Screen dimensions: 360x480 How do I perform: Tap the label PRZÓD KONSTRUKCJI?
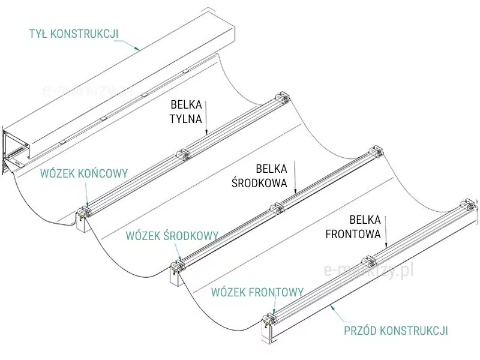395,331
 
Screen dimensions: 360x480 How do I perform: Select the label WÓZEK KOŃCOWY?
84,173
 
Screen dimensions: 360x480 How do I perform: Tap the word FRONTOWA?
353,234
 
